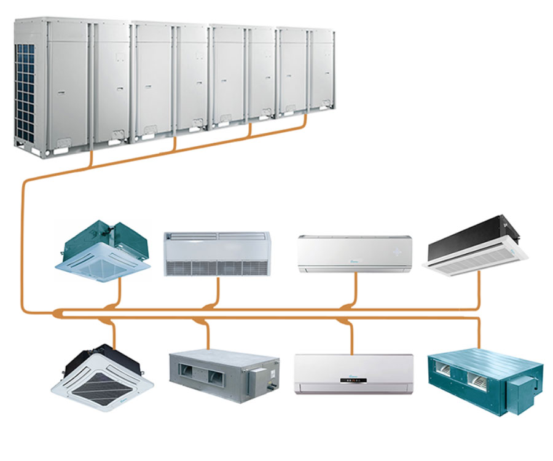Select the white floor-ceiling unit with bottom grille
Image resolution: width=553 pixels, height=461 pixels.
coord(217,253)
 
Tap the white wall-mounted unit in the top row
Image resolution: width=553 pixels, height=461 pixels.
coord(355,253)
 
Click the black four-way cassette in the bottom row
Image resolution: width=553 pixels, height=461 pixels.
coord(100,376)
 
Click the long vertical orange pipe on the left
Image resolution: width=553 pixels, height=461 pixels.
coord(23,246)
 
